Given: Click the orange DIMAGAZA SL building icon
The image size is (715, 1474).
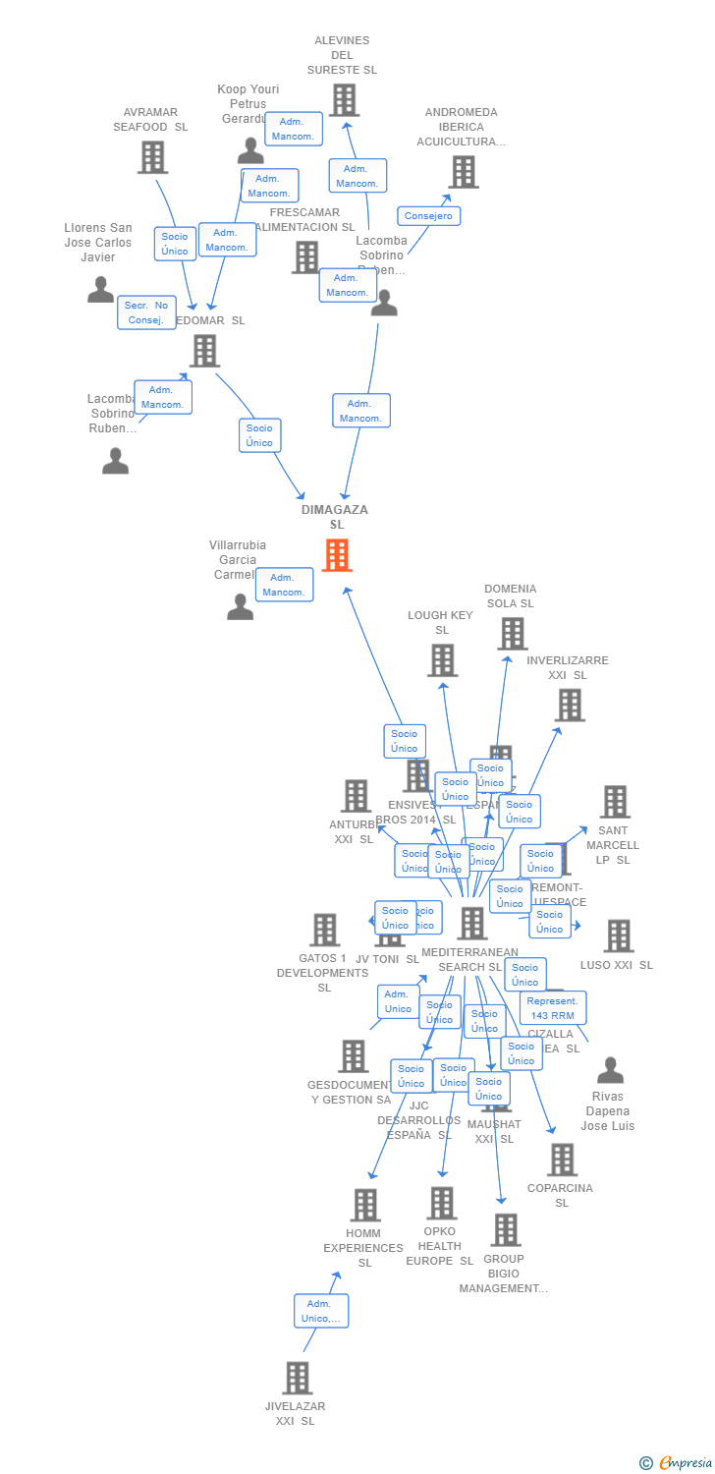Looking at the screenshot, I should pos(337,556).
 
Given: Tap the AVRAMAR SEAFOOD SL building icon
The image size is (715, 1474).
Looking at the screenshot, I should pos(152,157).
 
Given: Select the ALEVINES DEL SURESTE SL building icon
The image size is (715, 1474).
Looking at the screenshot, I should pos(344,99).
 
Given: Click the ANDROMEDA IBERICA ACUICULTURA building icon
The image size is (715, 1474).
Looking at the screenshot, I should pos(464,172).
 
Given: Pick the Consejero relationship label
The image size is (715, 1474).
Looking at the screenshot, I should pos(428,215).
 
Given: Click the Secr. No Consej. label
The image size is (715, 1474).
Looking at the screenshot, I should pos(146,312).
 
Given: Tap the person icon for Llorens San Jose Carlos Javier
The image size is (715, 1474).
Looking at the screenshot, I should pos(100,290).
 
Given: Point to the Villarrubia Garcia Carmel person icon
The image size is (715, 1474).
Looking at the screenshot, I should pos(241,607).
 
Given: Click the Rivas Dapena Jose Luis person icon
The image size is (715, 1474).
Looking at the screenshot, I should pos(610,1070).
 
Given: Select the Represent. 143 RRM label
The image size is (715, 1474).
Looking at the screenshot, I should pos(553,1008).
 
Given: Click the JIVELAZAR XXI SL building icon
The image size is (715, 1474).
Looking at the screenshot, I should pos(298,1378).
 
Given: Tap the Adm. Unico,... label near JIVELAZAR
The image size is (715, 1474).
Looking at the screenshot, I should pos(321,1311).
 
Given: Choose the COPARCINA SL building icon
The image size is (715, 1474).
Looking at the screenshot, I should pos(562,1160).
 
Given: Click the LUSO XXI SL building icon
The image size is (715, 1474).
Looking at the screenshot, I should pos(618,936).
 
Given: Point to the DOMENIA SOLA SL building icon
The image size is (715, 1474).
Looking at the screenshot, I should pos(512,634).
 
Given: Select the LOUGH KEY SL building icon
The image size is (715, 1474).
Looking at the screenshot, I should pos(442,660).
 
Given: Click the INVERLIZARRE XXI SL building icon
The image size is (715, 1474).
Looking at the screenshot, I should pos(570,705).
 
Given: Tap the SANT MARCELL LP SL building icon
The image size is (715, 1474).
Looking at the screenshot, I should pos(615,802).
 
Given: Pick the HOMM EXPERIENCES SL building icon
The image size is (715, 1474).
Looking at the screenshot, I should pos(365,1205).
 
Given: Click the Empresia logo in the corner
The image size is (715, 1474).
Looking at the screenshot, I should pos(677,1463).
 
